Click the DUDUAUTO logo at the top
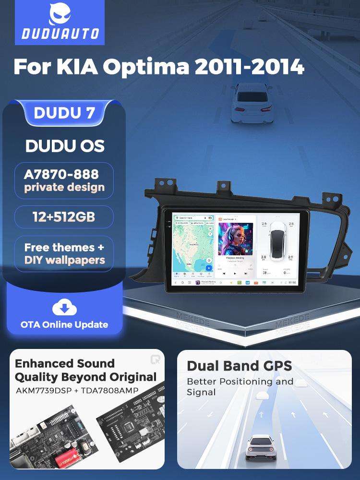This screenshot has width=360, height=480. pos(60,23)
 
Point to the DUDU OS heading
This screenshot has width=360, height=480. pos(64,146)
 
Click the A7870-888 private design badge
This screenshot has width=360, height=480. pos(64,180)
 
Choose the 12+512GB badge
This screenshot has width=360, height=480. pos(64,217)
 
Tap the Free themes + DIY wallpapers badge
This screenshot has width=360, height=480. pos(64,254)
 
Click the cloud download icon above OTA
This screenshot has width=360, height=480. pos(64,307)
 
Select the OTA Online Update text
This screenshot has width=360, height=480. pos(64,324)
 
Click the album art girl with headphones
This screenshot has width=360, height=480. pos(236,239)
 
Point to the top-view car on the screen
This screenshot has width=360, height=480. pos(277,242)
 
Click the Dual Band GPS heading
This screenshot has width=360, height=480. pos(239,366)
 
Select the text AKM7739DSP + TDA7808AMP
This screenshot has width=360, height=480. pos(76,390)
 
